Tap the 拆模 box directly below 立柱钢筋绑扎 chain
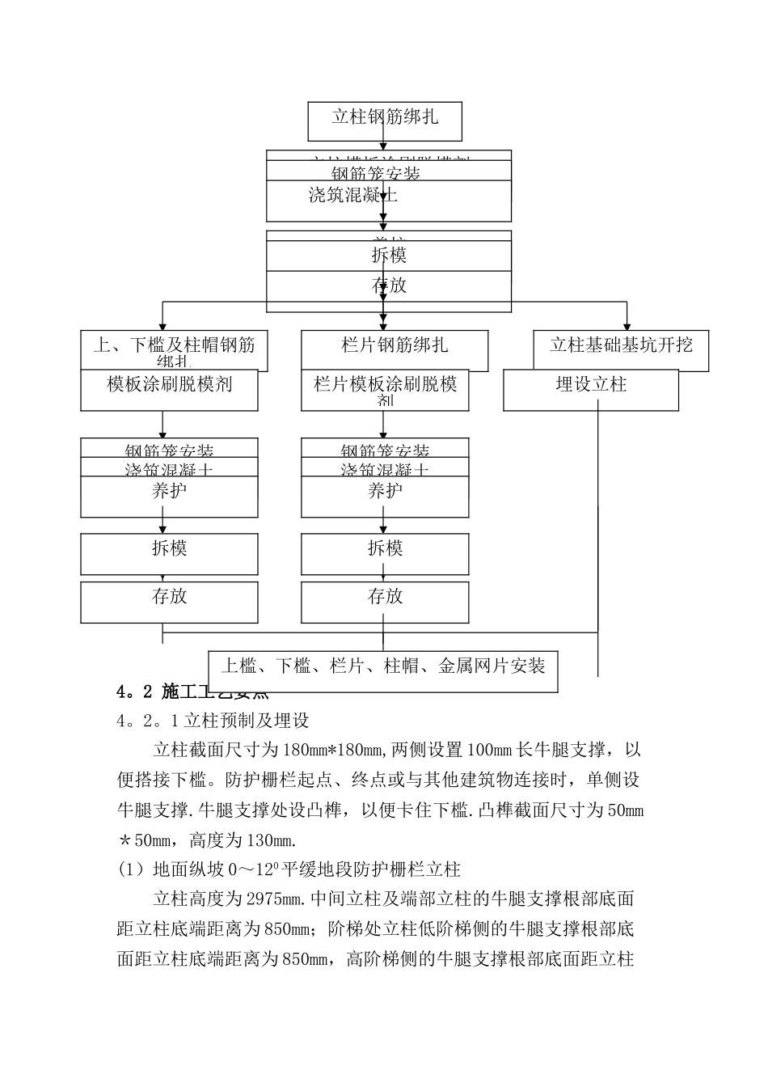click(x=389, y=256)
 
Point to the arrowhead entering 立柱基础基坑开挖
click(x=625, y=324)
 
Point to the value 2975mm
click(x=276, y=899)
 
